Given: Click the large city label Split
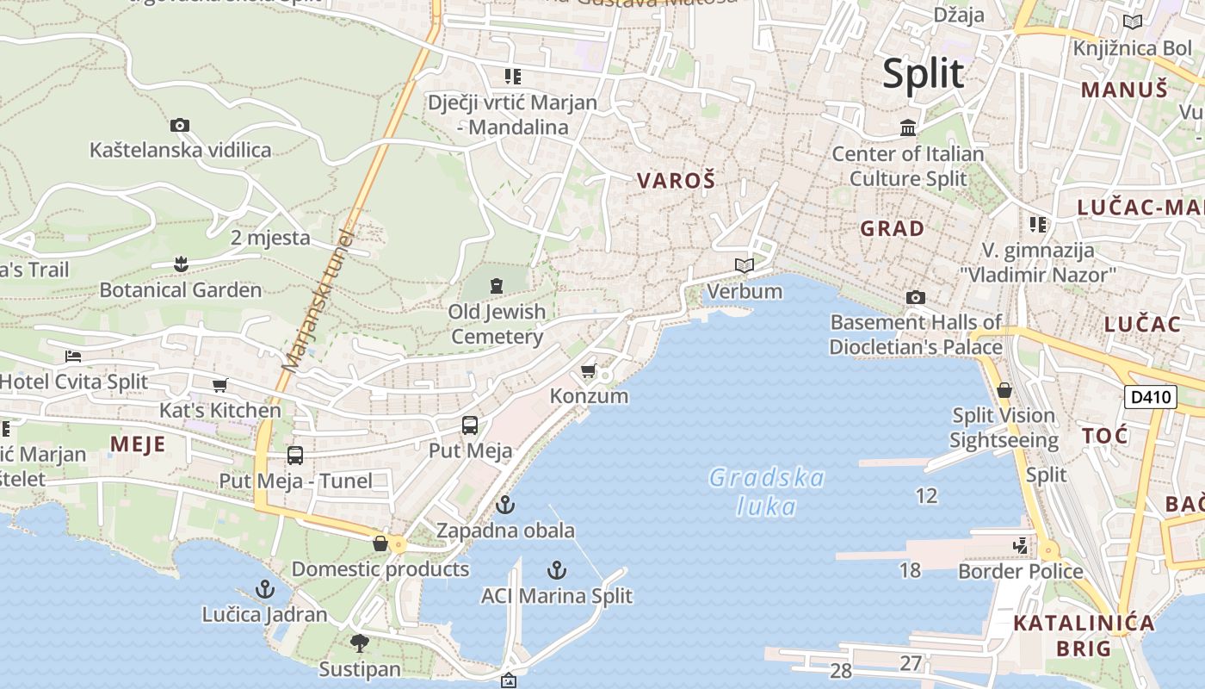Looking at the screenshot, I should (923, 74).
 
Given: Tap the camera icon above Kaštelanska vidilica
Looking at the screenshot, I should (179, 126).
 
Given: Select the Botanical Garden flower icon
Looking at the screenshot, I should (181, 264).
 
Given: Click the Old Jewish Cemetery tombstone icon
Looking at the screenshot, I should (497, 285).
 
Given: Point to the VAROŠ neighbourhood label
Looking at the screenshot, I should (676, 181).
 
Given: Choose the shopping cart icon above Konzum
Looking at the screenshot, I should (589, 371).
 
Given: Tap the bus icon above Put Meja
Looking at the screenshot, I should (470, 425).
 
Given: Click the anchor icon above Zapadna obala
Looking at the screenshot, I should (505, 505).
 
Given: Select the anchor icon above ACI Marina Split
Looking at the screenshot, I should (557, 570).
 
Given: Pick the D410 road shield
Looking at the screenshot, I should (1150, 397).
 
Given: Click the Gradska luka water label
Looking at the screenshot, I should (766, 492).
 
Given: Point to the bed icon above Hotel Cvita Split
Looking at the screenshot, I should (73, 357).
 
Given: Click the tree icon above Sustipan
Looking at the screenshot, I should (360, 643).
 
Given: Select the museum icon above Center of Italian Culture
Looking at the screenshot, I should (908, 128).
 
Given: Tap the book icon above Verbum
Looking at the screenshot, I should (745, 266).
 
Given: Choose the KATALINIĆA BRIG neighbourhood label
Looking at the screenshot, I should (1083, 636).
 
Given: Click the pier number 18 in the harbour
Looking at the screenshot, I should (910, 569).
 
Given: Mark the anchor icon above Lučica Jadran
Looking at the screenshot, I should (265, 590).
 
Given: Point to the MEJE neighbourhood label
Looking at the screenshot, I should (138, 444).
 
